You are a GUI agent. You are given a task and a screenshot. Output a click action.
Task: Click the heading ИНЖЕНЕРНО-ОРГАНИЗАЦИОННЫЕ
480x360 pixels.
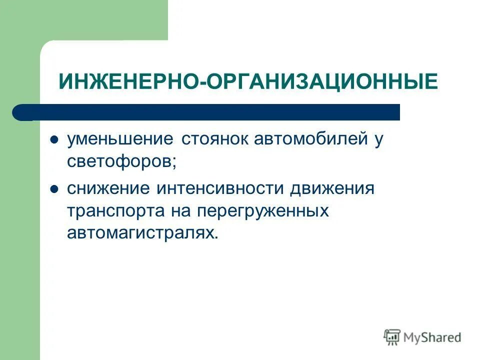[x=248, y=81]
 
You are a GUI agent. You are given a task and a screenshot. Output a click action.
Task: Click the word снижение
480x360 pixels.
[x=108, y=188]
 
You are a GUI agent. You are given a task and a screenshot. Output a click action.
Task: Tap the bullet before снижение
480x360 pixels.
[x=55, y=189]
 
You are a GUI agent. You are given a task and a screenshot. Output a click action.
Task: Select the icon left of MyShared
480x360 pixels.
[x=392, y=337]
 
